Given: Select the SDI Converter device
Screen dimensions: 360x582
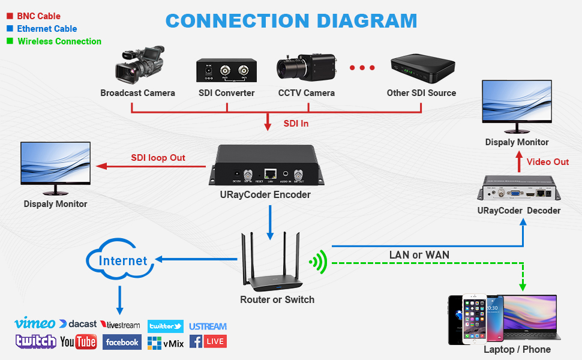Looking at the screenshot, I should click(x=227, y=71).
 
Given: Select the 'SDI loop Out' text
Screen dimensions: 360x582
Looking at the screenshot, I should click(x=158, y=158).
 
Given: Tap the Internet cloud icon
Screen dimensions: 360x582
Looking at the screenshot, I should click(x=119, y=260).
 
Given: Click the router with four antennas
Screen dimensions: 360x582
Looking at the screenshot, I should click(x=275, y=264).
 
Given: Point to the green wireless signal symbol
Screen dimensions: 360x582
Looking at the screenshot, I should click(x=318, y=262).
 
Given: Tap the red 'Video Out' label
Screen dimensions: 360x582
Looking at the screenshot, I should click(x=548, y=162).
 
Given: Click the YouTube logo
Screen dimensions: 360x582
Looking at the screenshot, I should click(x=79, y=342).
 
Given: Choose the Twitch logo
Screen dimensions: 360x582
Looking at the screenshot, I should click(x=36, y=341).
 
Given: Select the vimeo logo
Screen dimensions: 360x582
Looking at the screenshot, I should click(x=35, y=323).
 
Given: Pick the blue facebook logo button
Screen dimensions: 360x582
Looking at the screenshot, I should click(x=122, y=342).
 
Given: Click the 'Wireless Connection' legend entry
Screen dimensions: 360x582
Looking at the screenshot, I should click(x=59, y=41).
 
